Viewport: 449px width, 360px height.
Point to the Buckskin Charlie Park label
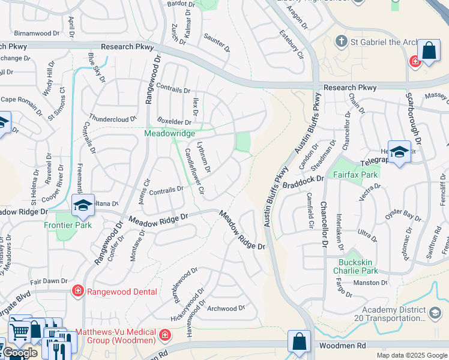(357, 266)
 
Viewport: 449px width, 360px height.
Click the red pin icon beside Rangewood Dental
(77, 292)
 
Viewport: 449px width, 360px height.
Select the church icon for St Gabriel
(342, 41)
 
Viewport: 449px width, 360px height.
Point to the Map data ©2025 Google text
(412, 355)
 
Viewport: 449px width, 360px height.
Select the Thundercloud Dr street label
(113, 119)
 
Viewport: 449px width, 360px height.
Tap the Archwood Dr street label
(226, 308)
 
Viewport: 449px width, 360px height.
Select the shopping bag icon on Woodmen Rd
(299, 341)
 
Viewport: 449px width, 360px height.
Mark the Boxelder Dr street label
(173, 120)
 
